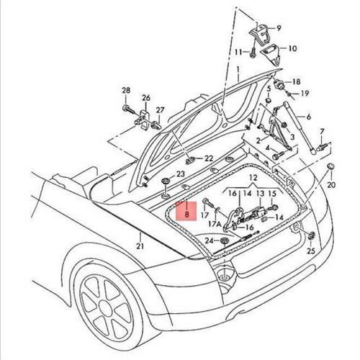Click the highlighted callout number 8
pyautogui.click(x=187, y=214)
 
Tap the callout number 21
pyautogui.click(x=140, y=246)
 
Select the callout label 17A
pyautogui.click(x=215, y=224)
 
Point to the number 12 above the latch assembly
pyautogui.click(x=253, y=178)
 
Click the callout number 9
pyautogui.click(x=279, y=28)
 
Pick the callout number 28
pyautogui.click(x=126, y=90)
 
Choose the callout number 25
pyautogui.click(x=311, y=251)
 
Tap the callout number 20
pyautogui.click(x=331, y=185)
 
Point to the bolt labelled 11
pyautogui.click(x=252, y=53)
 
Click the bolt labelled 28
pyautogui.click(x=129, y=109)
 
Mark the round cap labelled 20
pyautogui.click(x=331, y=166)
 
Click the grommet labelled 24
pyautogui.click(x=225, y=240)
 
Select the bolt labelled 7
pyautogui.click(x=322, y=147)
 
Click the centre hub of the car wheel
pyautogui.click(x=106, y=307)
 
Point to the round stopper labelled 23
pyautogui.click(x=166, y=181)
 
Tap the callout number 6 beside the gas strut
pyautogui.click(x=309, y=117)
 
